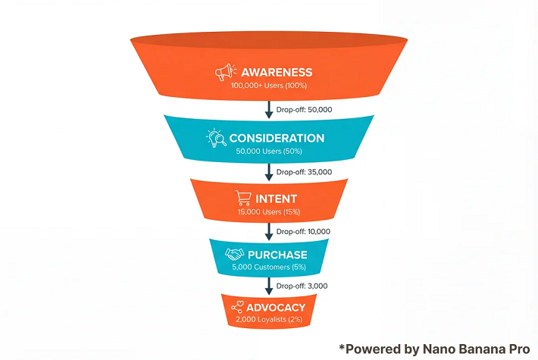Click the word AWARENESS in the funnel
tap(277, 73)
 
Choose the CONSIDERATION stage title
tap(277, 138)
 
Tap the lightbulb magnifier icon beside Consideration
tap(216, 138)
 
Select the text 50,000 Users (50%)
tap(270, 152)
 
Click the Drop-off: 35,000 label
tap(305, 173)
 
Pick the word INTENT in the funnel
tap(277, 199)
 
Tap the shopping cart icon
tap(244, 199)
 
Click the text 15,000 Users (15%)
tap(270, 212)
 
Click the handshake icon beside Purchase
tap(236, 254)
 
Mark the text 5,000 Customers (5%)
tap(270, 267)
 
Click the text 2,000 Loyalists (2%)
tap(270, 320)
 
